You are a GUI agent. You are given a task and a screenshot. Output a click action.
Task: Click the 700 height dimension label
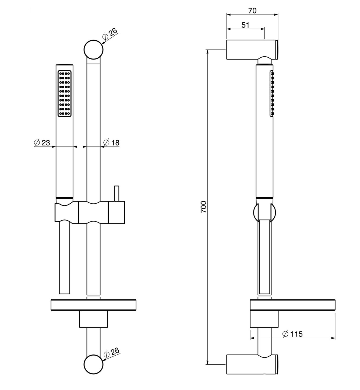[x=204, y=207]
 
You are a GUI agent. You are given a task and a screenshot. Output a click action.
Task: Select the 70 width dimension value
[x=252, y=11]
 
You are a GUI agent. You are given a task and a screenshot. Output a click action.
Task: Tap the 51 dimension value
[x=245, y=25]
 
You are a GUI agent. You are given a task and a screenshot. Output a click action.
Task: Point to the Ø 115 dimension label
[x=292, y=334]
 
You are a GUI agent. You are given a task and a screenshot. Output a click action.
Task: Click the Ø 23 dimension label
[x=42, y=142]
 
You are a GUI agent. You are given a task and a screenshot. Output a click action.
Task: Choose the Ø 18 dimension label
[x=111, y=142]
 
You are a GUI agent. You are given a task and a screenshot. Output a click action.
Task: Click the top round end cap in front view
[x=93, y=50]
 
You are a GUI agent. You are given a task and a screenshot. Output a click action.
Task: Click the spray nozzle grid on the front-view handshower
[x=65, y=94]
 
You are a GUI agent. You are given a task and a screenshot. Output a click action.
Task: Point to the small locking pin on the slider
[x=117, y=193]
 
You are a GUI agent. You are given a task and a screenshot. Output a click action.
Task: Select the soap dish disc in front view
[x=93, y=305]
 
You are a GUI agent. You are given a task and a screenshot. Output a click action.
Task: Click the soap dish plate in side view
[x=292, y=305]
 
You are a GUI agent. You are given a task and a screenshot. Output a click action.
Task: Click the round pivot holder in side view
[x=265, y=212]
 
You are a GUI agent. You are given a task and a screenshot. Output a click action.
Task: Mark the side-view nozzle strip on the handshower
[x=272, y=94]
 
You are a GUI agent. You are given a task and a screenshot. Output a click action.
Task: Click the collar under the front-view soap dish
[x=93, y=319]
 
